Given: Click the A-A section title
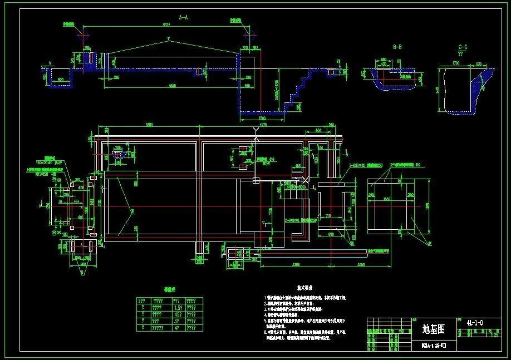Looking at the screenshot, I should click(x=183, y=18).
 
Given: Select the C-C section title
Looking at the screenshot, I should click(x=463, y=47).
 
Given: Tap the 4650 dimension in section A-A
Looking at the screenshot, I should click(x=173, y=85).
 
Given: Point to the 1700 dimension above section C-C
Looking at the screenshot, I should click(x=455, y=63).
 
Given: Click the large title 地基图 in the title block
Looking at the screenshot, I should click(x=434, y=329).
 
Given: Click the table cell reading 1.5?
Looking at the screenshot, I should click(x=176, y=307).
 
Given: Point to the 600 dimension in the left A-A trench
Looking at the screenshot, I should click(x=61, y=80).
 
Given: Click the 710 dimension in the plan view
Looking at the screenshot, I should click(x=328, y=215).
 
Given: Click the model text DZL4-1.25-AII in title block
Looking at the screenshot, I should click(x=433, y=345).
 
